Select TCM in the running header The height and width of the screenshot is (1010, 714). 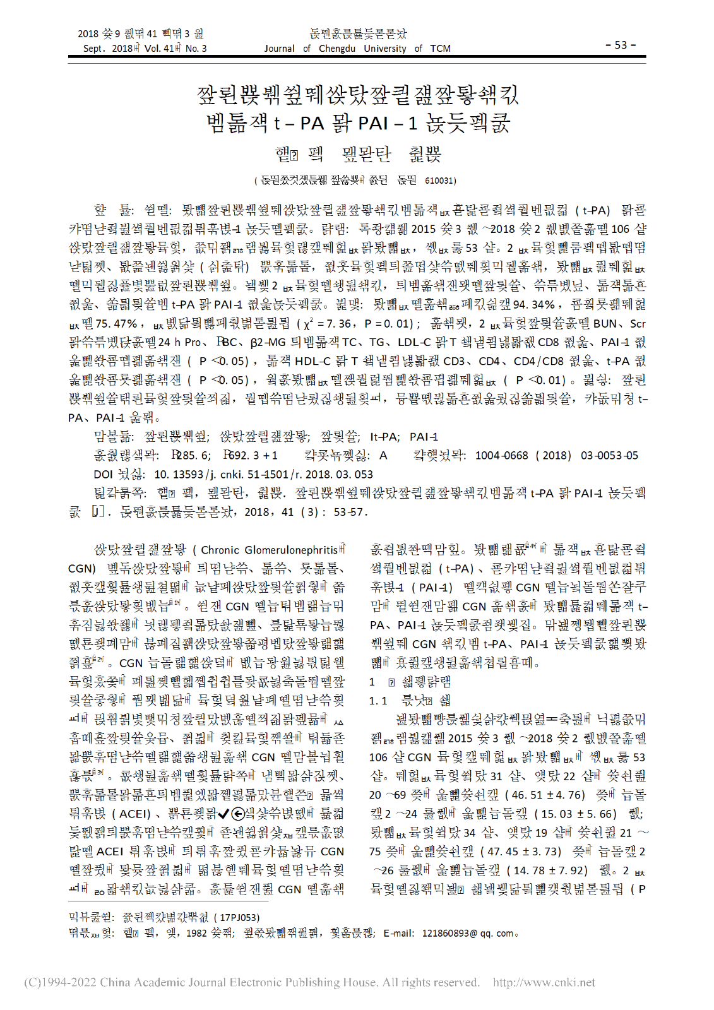pyautogui.click(x=440, y=49)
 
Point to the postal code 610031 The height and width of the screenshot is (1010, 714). pyautogui.click(x=440, y=181)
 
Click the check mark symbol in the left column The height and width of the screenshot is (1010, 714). pyautogui.click(x=223, y=814)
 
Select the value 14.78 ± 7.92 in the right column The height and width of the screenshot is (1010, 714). pyautogui.click(x=550, y=870)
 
